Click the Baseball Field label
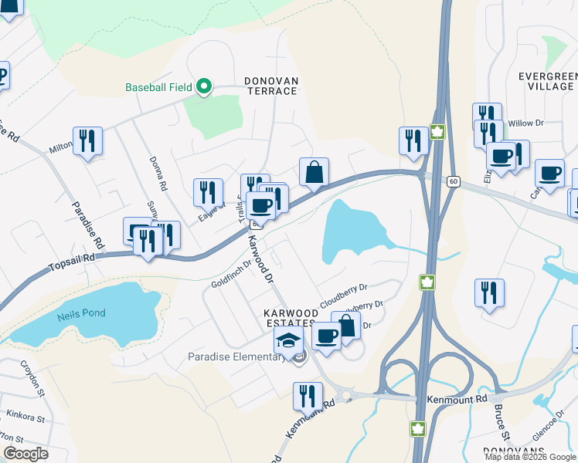pos(159,87)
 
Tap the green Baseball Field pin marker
pos(204,86)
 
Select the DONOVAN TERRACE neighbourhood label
pos(271,86)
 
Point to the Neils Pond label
pos(81,314)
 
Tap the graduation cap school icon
pos(288,340)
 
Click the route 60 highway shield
pos(454,181)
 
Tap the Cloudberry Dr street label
pos(344,294)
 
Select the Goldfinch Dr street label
pos(232,274)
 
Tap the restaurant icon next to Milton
pos(87,141)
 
